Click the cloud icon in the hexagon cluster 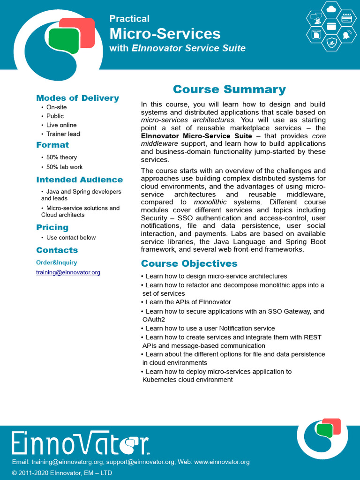pyautogui.click(x=332, y=9)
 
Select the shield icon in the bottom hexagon pyautogui.click(x=332, y=44)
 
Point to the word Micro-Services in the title pyautogui.click(x=165, y=34)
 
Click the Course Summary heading pyautogui.click(x=229, y=90)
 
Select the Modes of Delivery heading pyautogui.click(x=77, y=98)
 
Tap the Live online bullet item pyautogui.click(x=61, y=125)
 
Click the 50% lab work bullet pyautogui.click(x=64, y=167)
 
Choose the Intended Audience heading pyautogui.click(x=79, y=180)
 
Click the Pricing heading pyautogui.click(x=52, y=227)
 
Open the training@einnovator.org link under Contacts pyautogui.click(x=68, y=272)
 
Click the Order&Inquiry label pyautogui.click(x=56, y=262)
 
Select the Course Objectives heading pyautogui.click(x=189, y=263)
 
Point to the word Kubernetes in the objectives pyautogui.click(x=159, y=380)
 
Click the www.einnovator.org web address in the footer pyautogui.click(x=222, y=462)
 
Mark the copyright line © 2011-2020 pyautogui.click(x=62, y=473)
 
